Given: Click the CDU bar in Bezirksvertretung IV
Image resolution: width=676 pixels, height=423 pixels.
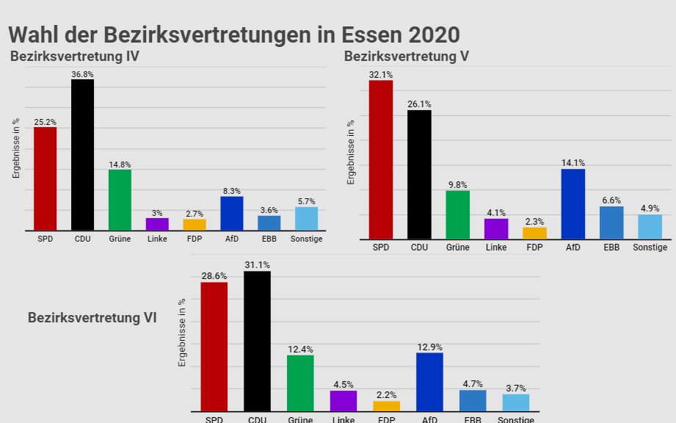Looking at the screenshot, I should (82, 155).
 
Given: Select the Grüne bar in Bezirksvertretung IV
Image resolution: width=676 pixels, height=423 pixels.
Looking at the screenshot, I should (120, 200).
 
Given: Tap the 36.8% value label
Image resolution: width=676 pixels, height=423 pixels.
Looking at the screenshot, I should (82, 74).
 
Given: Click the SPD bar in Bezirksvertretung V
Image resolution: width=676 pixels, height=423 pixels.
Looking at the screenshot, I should (381, 159).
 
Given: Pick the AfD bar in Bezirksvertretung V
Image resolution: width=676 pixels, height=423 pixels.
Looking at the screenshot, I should (573, 203).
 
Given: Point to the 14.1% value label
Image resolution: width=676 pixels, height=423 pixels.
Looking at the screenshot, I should (573, 163).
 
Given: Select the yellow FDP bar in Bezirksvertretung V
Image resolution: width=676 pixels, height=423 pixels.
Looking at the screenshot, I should (534, 233).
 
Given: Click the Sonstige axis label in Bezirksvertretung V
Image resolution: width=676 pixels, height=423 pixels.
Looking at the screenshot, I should (650, 247).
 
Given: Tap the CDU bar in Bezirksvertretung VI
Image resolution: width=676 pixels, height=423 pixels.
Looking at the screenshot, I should (257, 341).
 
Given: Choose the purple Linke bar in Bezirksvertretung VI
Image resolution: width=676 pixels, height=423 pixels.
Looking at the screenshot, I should (344, 400).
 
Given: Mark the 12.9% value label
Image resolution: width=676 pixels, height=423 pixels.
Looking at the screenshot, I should (429, 347).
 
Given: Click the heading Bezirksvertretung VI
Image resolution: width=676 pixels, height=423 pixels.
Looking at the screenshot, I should (92, 318).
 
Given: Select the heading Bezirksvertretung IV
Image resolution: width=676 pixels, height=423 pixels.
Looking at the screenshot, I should (75, 57).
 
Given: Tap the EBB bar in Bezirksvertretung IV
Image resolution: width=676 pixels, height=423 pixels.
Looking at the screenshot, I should (269, 223).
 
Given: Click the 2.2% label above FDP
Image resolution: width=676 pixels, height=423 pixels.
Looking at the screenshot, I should (387, 395).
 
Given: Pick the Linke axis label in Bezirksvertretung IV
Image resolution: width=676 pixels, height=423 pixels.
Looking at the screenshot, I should (157, 239).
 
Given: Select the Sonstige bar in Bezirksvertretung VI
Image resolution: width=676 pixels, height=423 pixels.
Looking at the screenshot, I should (515, 402).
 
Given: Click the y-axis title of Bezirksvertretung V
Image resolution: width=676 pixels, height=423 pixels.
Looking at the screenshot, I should (352, 151).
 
